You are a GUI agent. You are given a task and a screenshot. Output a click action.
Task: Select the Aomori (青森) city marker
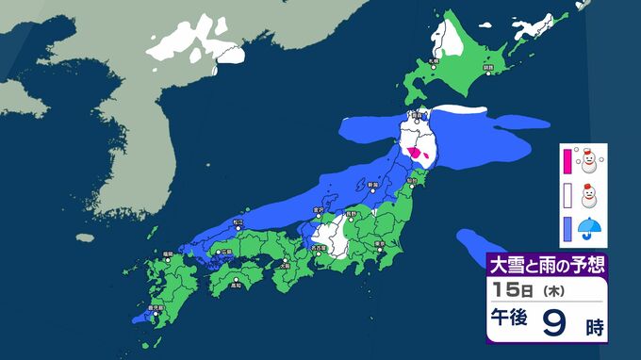415,120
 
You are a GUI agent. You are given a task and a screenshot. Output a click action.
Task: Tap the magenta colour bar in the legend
567,162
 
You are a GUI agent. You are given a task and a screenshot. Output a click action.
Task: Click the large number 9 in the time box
555,327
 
